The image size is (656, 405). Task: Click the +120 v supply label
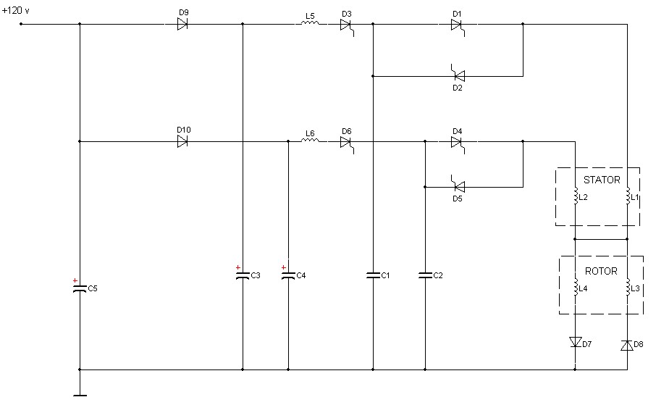(15, 10)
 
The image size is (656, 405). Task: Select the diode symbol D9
(182, 25)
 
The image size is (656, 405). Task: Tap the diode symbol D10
(182, 141)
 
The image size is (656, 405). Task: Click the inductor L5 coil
(310, 22)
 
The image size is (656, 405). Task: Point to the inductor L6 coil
(310, 140)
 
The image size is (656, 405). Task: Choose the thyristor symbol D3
(347, 27)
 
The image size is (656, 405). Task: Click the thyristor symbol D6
(347, 144)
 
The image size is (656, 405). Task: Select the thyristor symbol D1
(458, 27)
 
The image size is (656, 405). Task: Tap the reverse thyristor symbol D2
(458, 74)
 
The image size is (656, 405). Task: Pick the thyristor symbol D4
(458, 144)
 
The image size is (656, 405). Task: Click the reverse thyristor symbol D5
(458, 184)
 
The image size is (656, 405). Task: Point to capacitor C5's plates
(80, 288)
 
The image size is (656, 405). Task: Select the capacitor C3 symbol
(243, 275)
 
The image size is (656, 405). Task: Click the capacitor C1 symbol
(373, 275)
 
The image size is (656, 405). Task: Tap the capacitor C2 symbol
(425, 275)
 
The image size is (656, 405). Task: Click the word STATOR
(602, 180)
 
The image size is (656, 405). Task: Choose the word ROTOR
(601, 271)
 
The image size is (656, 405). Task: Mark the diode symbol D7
(575, 342)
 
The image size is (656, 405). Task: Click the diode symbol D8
(627, 345)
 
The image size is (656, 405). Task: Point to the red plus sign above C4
(284, 267)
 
